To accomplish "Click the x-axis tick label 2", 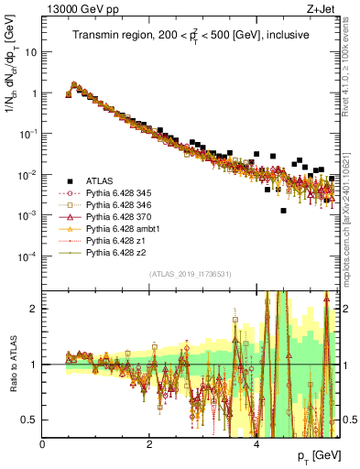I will pyautogui.click(x=149, y=444).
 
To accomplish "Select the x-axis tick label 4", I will pyautogui.click(x=256, y=444).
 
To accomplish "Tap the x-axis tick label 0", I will pyautogui.click(x=43, y=444).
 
